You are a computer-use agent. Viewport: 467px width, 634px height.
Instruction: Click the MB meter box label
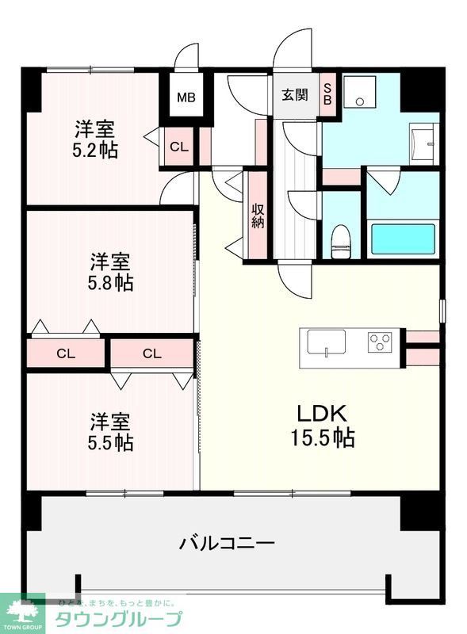(x=186, y=98)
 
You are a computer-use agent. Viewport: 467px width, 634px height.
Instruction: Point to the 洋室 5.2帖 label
(x=97, y=139)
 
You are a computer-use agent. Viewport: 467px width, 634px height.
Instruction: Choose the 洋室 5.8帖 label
(x=110, y=270)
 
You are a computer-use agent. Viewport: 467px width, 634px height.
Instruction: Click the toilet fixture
(x=342, y=239)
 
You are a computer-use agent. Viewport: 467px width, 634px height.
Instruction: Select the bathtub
(x=403, y=239)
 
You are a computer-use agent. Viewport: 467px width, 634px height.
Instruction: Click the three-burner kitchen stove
(x=381, y=343)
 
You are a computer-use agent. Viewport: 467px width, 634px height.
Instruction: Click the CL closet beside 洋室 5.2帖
(x=178, y=147)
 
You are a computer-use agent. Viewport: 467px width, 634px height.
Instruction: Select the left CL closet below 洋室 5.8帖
(x=67, y=353)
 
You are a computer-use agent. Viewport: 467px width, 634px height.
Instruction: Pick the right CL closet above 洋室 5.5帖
(x=152, y=353)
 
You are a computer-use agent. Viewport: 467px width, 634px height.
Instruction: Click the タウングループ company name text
(x=118, y=619)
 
